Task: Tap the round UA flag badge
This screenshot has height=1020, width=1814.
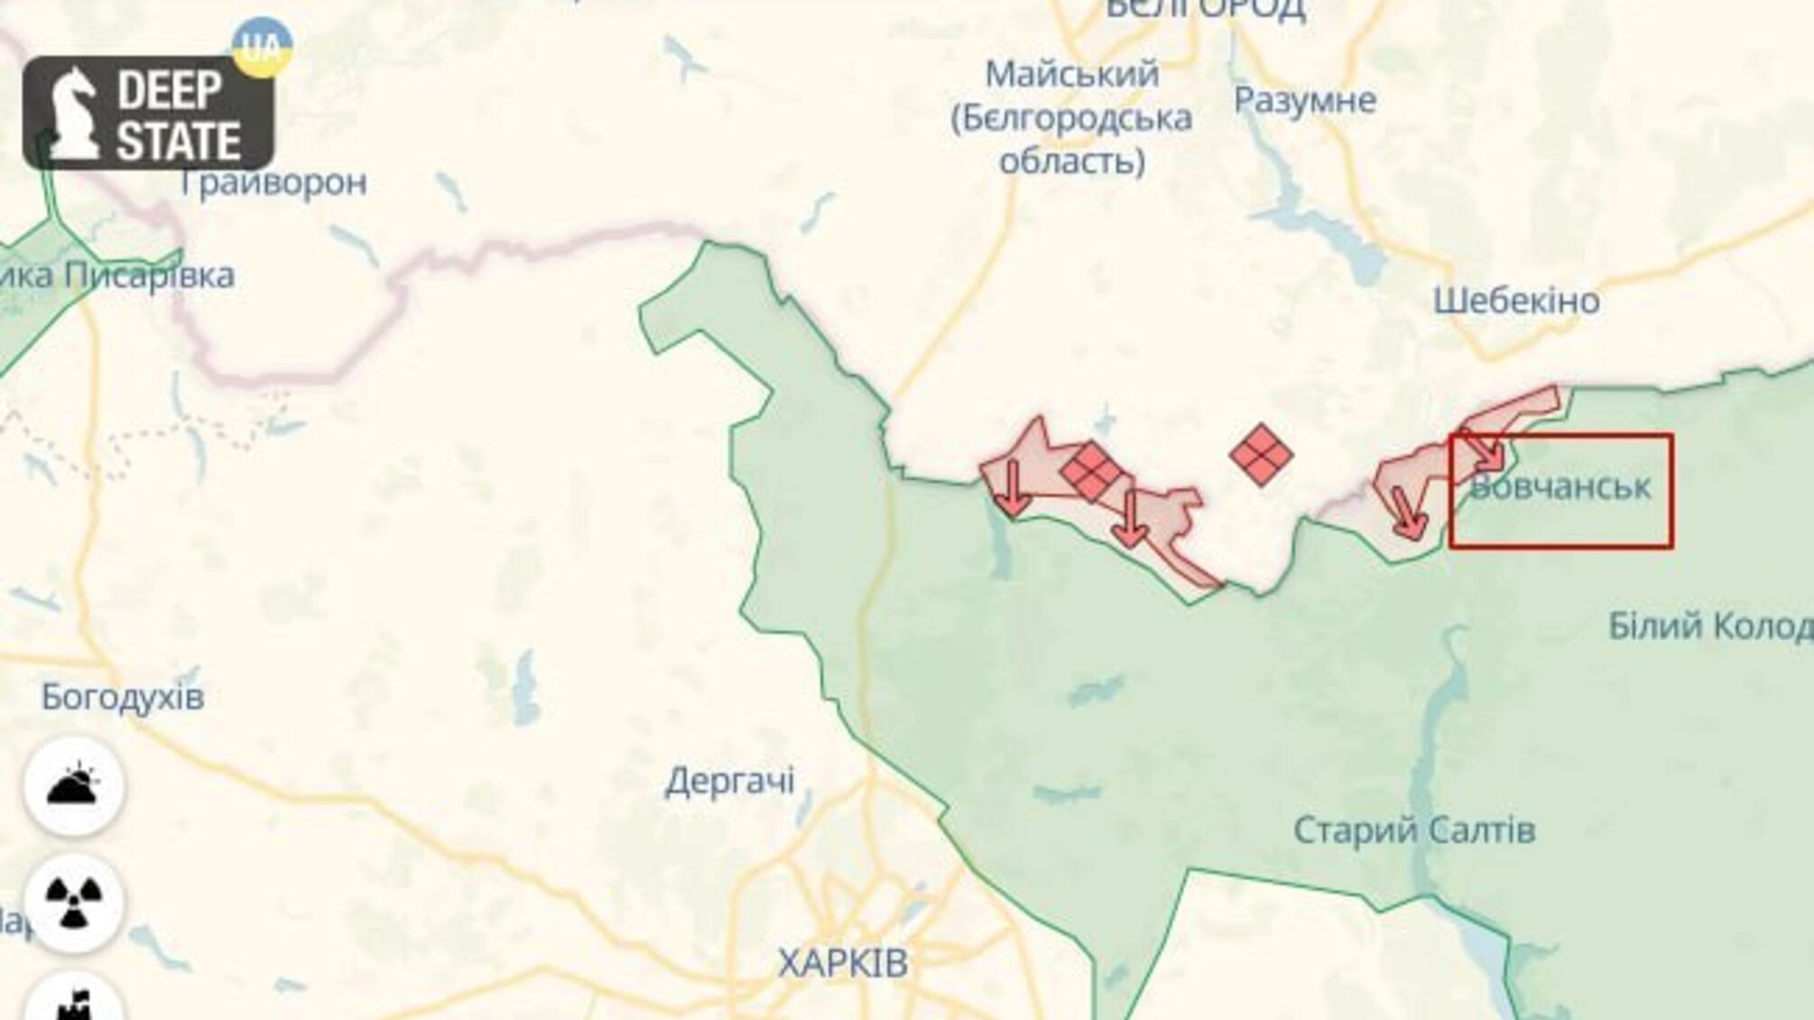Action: [262, 45]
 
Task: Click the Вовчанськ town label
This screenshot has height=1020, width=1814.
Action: [1560, 487]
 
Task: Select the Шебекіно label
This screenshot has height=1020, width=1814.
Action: [1516, 301]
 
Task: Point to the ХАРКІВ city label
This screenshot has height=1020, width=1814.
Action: [843, 963]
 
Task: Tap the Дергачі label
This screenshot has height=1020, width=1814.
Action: [730, 781]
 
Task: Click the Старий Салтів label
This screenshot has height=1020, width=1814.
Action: [1414, 830]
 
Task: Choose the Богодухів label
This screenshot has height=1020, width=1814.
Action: [123, 697]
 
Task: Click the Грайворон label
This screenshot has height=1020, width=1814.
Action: [273, 183]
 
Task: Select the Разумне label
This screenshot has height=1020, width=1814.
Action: [1305, 100]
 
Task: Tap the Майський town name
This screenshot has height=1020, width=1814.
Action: [1071, 74]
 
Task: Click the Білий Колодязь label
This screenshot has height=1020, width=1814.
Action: [1710, 626]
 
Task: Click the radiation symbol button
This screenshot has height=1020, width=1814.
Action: [74, 902]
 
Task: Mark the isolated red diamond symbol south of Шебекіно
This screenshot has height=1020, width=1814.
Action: [1261, 454]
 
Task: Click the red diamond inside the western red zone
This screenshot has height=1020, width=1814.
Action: [1091, 470]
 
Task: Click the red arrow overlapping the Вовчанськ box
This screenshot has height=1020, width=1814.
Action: [1485, 451]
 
